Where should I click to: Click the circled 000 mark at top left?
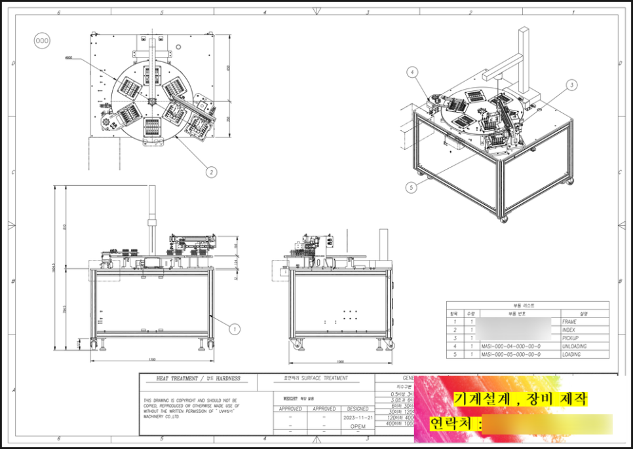41,41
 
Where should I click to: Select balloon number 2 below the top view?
210,172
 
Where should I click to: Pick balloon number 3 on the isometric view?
571,84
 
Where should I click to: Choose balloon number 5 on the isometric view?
411,187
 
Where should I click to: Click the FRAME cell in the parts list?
569,322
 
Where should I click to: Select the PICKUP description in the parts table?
570,338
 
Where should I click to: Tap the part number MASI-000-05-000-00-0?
510,354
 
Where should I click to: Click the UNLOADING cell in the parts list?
574,346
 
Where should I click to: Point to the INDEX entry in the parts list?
569,330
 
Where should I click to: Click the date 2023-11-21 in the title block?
358,417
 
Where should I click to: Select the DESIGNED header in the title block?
358,409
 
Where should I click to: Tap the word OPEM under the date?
358,425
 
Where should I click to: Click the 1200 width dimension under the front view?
152,359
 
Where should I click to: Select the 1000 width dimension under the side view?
340,361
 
